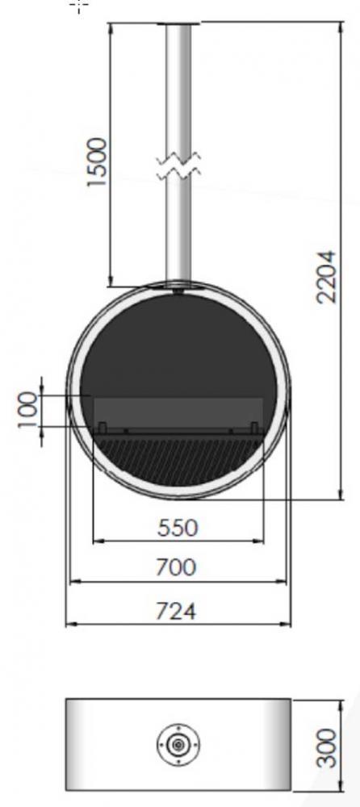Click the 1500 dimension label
pos(97,162)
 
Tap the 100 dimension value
pos(29,417)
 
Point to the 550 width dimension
pos(178,528)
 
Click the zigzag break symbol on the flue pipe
pos(178,166)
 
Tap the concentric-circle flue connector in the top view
pos(176,746)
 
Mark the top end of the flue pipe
pos(178,27)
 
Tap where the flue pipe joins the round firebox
pos(178,286)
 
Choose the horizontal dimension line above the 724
pos(178,624)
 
